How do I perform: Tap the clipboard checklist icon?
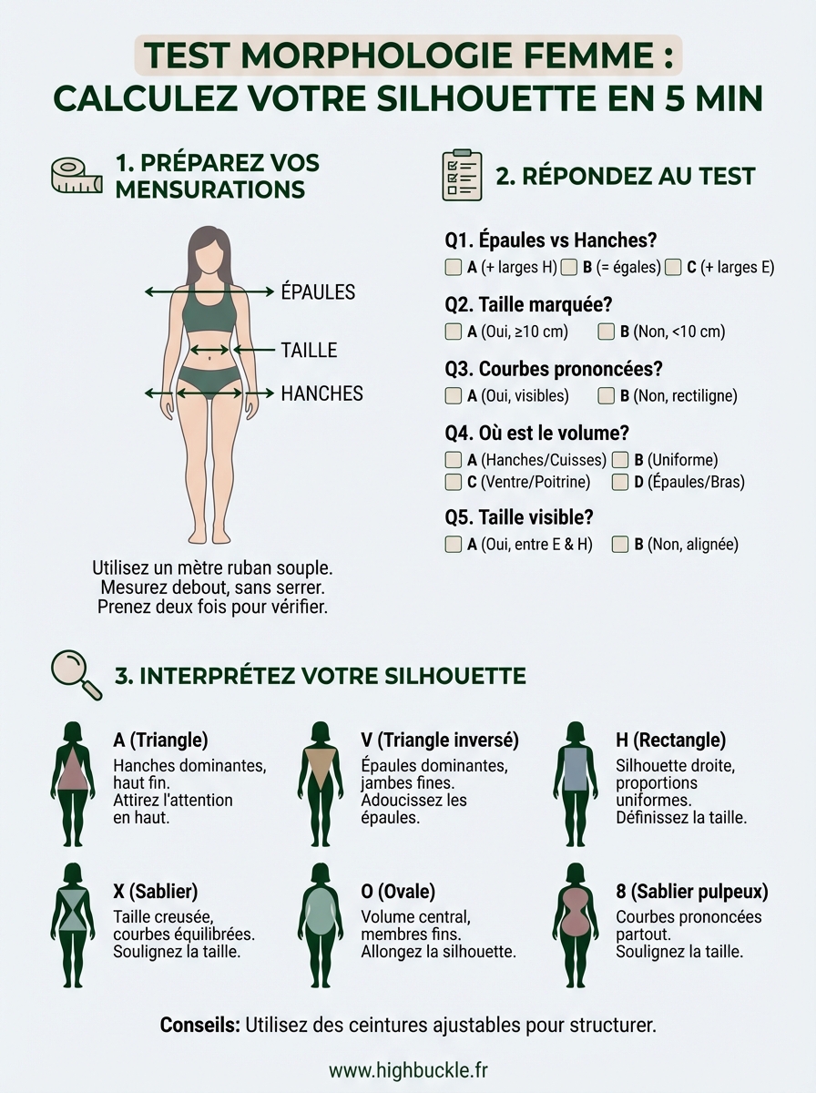tap(461, 175)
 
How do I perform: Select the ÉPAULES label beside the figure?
tap(318, 292)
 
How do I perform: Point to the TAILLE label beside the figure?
tap(309, 350)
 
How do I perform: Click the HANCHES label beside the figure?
tap(321, 393)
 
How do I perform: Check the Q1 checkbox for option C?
tap(673, 268)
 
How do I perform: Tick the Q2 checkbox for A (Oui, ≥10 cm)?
tap(453, 332)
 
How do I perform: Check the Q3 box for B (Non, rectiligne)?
tap(606, 396)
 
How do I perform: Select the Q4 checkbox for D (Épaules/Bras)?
tap(620, 482)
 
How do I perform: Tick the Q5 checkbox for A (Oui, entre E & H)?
tap(453, 545)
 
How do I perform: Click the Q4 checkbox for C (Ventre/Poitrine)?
tap(453, 482)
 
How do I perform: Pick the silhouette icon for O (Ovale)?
tap(320, 924)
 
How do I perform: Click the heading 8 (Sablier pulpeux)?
tap(691, 891)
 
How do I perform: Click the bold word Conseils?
tap(199, 1025)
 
